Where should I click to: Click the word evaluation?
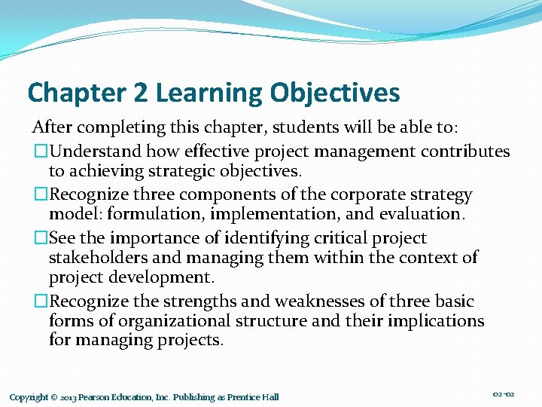(426, 214)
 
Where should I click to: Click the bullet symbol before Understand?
(39, 151)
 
